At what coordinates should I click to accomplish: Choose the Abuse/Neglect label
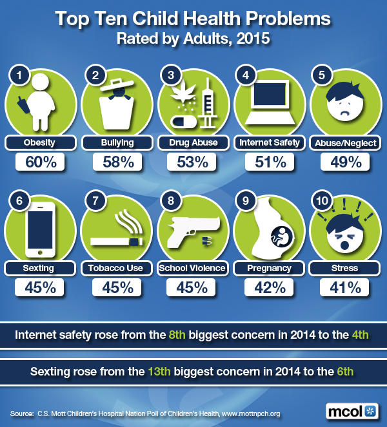(x=345, y=142)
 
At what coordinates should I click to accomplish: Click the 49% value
(x=345, y=162)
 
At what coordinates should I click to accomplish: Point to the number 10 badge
(x=321, y=202)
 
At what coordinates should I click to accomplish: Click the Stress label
(x=345, y=267)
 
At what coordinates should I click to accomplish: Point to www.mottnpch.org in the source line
(x=250, y=413)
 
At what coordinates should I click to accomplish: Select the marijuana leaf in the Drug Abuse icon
(x=183, y=95)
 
